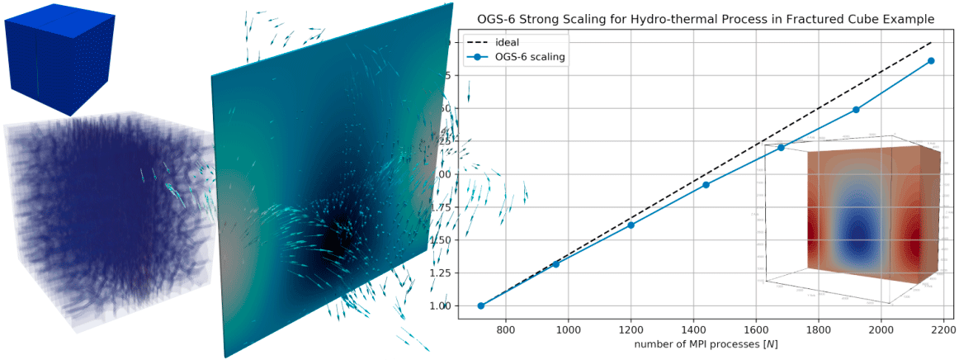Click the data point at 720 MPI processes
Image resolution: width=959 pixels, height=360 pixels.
coord(481,306)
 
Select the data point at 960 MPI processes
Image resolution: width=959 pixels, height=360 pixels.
coord(555,263)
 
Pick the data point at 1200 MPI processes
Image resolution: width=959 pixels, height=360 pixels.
coord(631,225)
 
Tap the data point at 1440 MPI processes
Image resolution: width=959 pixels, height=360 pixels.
coord(706,184)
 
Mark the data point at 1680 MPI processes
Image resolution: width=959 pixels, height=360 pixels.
coord(782,148)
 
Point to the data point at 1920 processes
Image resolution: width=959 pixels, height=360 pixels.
coord(857,109)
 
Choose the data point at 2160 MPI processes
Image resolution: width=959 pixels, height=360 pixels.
coord(932,61)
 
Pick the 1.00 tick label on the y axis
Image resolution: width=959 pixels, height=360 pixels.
coord(441,306)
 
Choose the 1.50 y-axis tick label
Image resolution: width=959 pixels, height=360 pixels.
coord(441,240)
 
